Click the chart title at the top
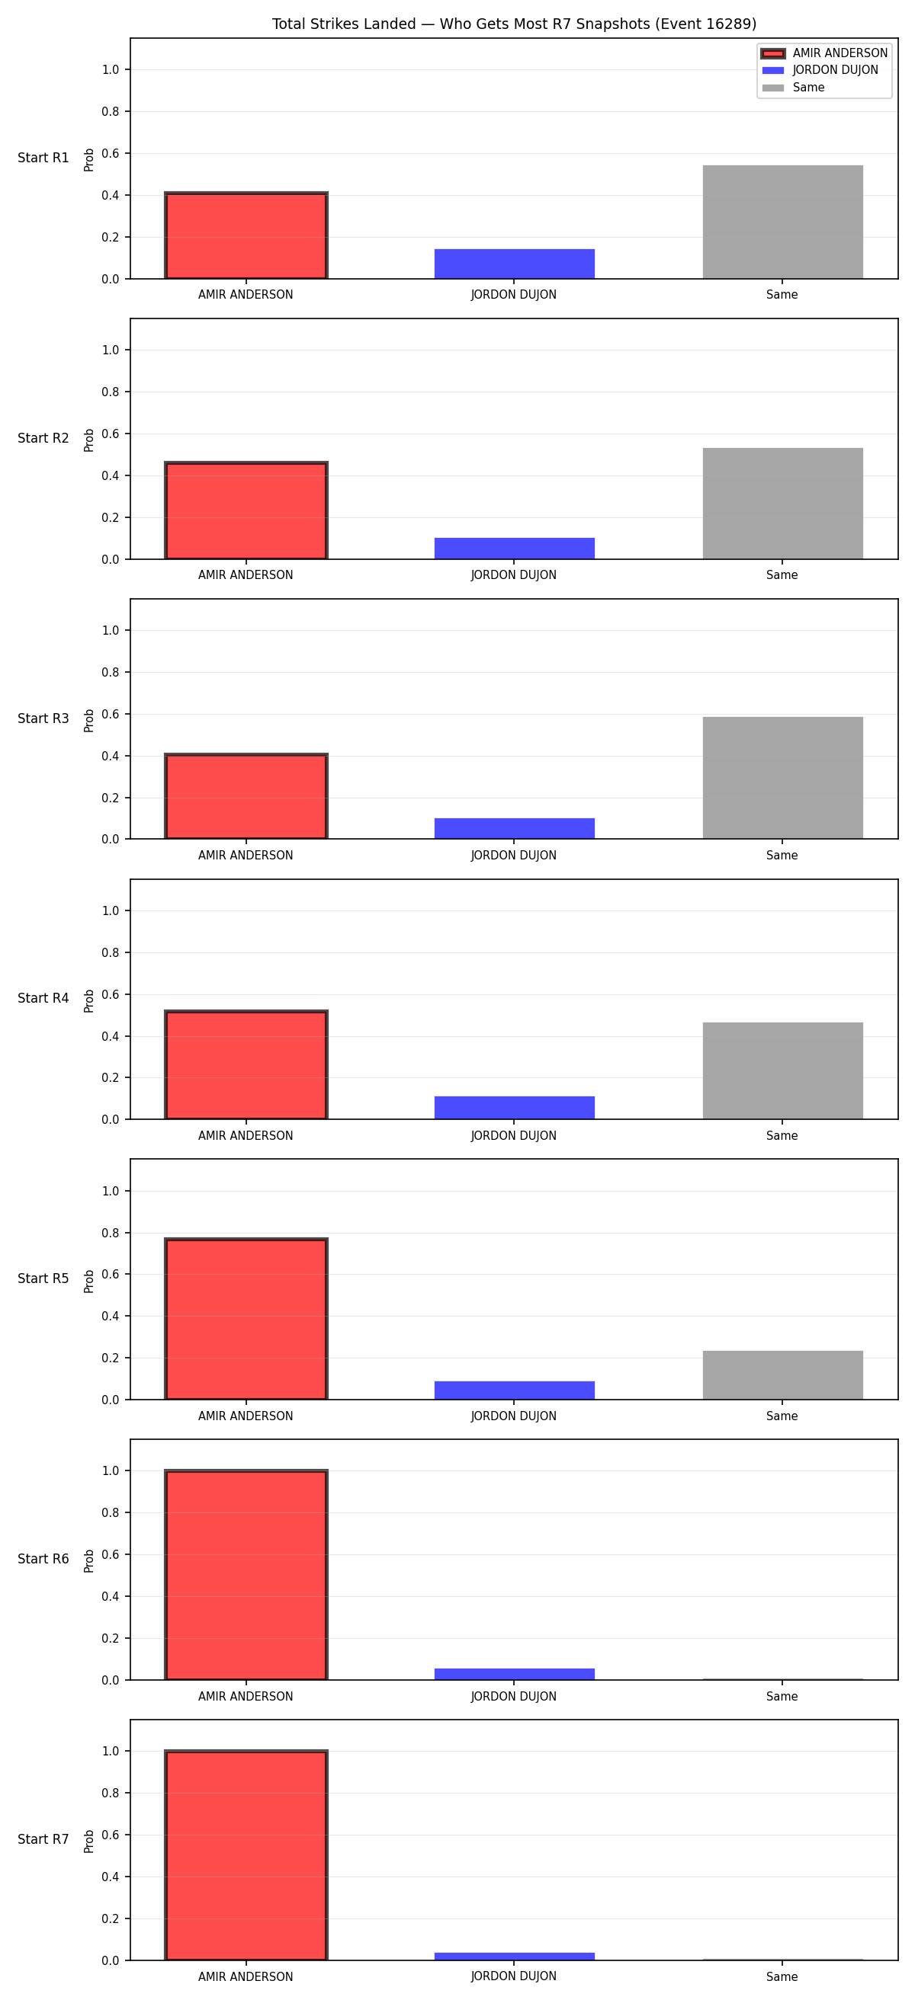click(x=513, y=24)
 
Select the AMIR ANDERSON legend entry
click(x=824, y=53)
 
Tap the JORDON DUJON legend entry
click(x=820, y=70)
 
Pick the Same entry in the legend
click(x=793, y=88)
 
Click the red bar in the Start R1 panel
click(x=246, y=235)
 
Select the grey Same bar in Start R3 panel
click(x=783, y=778)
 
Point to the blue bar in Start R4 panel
click(x=514, y=1108)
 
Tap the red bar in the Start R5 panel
click(x=246, y=1319)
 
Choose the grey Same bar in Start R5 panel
click(x=783, y=1376)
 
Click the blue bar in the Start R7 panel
click(x=514, y=1957)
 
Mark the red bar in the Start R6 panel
click(x=246, y=1576)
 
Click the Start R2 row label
click(x=43, y=439)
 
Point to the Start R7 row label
click(x=43, y=1839)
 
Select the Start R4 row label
click(x=43, y=998)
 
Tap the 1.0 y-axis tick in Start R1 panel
click(x=111, y=70)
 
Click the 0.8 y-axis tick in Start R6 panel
click(x=111, y=1512)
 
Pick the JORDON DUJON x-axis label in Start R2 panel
click(x=513, y=575)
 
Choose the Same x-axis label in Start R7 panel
click(x=782, y=1976)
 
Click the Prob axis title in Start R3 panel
click(x=89, y=720)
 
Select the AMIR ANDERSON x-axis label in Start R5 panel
click(x=246, y=1416)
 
